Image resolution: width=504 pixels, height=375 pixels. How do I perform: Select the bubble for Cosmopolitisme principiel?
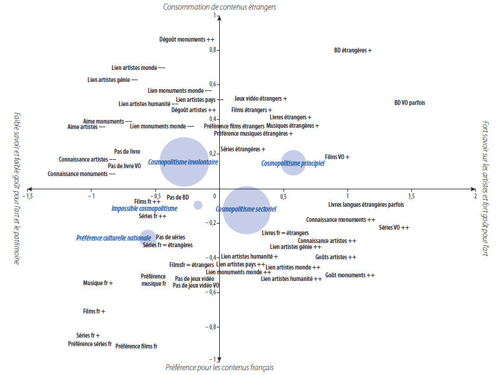(x=293, y=163)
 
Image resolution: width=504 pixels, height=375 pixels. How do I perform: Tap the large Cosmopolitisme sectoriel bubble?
(x=246, y=210)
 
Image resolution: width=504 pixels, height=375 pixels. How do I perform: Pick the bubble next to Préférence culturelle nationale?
(x=148, y=238)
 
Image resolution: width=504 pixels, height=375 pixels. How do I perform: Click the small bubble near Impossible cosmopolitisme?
(x=198, y=205)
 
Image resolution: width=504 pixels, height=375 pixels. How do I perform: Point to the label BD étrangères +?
(x=352, y=50)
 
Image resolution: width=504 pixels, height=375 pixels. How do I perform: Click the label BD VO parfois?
(x=409, y=102)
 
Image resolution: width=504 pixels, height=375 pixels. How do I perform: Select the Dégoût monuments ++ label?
(x=187, y=39)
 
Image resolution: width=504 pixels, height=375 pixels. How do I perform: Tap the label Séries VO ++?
(x=394, y=227)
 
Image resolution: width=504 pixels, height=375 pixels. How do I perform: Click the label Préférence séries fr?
(x=90, y=344)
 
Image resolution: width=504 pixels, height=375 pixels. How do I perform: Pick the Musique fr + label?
(x=98, y=283)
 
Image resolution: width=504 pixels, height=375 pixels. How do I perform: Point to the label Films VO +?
(x=337, y=157)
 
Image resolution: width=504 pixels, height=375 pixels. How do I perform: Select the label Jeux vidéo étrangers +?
(x=260, y=98)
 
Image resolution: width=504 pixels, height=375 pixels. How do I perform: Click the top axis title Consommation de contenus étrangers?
(x=219, y=7)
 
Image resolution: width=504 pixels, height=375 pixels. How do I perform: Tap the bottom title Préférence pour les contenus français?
(x=219, y=367)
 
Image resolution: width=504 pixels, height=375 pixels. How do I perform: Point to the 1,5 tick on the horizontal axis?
(x=411, y=197)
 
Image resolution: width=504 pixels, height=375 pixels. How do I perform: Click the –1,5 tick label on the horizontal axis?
(x=27, y=197)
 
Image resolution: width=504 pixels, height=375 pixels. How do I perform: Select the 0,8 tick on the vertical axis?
(x=212, y=50)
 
